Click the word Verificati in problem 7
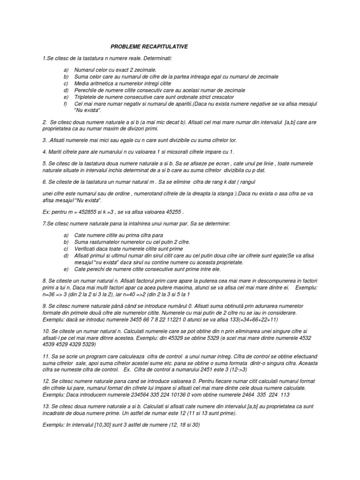pyautogui.click(x=87, y=248)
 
